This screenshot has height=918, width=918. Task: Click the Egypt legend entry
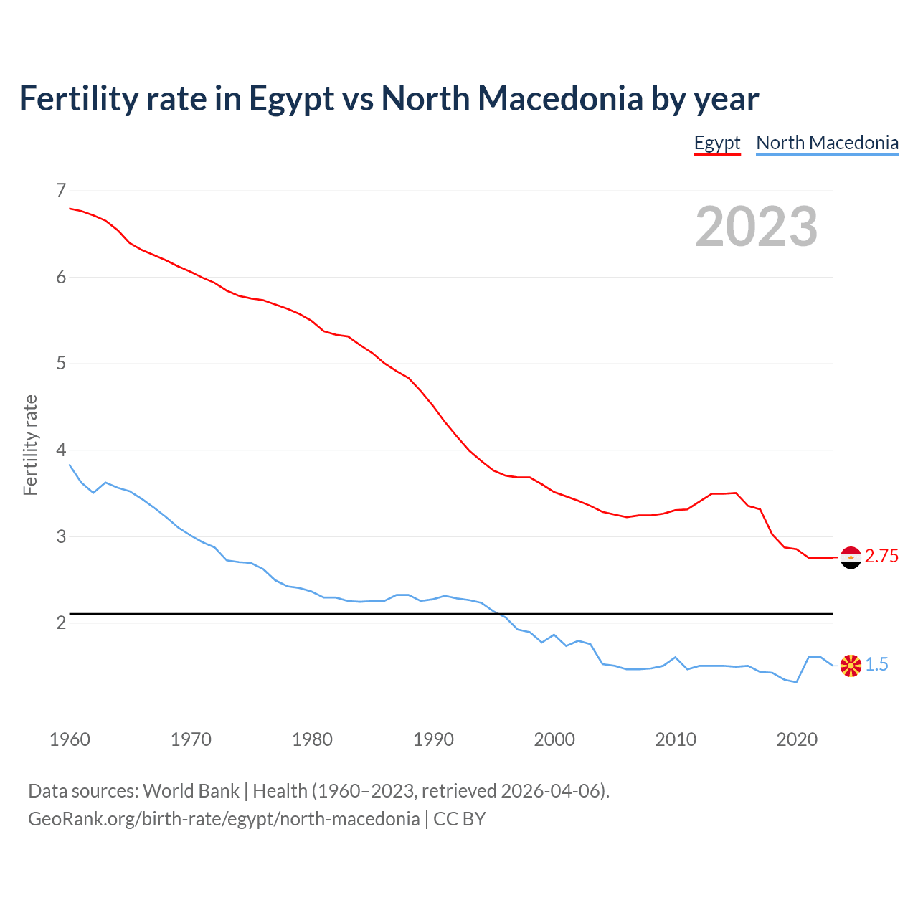click(716, 143)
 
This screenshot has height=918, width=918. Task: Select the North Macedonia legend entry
click(827, 143)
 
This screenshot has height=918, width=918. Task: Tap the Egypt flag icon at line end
click(851, 557)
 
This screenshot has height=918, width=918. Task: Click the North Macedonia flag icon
click(851, 666)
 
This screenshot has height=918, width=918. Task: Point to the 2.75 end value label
click(881, 557)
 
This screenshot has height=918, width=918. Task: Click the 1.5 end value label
click(876, 665)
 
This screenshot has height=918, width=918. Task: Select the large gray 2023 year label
click(757, 227)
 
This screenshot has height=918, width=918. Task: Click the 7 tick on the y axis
click(60, 190)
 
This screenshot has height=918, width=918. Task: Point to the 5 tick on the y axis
click(60, 363)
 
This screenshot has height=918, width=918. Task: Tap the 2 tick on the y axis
click(60, 623)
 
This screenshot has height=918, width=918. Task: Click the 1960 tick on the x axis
click(70, 739)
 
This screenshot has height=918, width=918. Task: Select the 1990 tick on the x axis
click(433, 739)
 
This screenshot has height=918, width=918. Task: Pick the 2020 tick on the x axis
click(797, 739)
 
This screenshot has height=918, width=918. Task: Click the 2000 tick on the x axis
click(554, 739)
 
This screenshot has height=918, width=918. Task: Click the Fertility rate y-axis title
click(30, 445)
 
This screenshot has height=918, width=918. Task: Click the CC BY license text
click(460, 819)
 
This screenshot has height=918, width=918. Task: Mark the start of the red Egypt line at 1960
click(70, 208)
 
